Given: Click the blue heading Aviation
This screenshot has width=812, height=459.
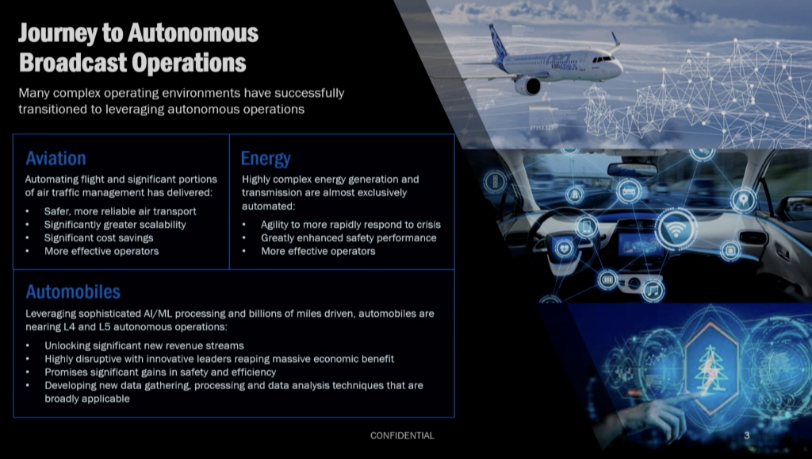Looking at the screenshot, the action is (56, 158).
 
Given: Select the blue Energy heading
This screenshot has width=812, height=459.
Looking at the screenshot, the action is (266, 159).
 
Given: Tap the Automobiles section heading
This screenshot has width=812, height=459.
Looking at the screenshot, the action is (73, 291).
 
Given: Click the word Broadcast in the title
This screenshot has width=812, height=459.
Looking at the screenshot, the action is (73, 63).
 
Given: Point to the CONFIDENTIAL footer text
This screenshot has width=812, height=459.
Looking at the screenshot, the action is (402, 436).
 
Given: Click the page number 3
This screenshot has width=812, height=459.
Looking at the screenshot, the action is (747, 436).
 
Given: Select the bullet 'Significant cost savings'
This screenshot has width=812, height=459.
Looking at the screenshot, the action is (98, 238).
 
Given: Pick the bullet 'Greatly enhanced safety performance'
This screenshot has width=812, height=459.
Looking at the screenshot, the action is (349, 238).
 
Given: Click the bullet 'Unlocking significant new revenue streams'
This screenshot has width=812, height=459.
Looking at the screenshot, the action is (144, 345).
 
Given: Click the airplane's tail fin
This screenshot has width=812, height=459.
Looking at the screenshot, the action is (497, 41).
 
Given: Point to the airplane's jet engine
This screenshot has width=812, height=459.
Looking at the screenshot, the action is (527, 86).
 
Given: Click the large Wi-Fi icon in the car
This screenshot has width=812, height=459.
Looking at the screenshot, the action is (676, 229).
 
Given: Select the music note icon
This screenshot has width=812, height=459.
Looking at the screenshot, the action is (653, 290).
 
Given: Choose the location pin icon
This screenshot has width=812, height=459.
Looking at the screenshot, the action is (744, 199).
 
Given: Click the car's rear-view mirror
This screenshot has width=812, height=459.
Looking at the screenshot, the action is (632, 170).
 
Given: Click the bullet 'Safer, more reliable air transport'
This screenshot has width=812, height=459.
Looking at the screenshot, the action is (121, 211).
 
